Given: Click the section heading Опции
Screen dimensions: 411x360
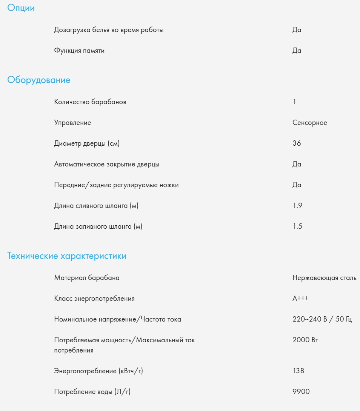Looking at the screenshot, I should coord(21,8).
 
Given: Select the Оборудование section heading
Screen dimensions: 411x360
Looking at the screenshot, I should coord(39,80).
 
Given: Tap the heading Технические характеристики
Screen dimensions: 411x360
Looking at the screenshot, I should coord(67,256).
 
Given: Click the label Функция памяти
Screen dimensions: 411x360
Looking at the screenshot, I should coord(79,51).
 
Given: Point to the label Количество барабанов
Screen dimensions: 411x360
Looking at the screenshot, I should coord(90,102).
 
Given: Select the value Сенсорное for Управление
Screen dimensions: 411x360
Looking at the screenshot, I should coord(309,123).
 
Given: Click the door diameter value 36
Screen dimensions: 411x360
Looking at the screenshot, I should coord(297,143).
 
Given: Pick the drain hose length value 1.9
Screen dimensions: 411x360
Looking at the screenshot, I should coord(297,206).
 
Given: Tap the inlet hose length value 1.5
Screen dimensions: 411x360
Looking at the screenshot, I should coord(297,226).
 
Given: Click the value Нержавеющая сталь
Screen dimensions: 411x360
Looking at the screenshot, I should coord(324,278).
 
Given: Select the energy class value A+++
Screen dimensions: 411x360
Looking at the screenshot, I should coord(300,299).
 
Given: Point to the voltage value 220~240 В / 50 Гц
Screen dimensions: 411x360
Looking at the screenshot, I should coord(322,319).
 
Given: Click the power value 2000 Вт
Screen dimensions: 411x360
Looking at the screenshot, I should coord(305,340).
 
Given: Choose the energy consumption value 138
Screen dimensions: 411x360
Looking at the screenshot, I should coord(298,371).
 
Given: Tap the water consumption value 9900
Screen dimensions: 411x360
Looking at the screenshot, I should coord(301,392).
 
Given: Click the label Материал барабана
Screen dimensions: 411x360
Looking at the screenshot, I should coord(87,278).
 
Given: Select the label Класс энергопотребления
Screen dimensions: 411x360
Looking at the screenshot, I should coord(94,299).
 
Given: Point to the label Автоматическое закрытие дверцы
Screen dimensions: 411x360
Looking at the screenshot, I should coord(107,164).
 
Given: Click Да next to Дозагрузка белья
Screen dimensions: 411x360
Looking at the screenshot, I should coord(297,30).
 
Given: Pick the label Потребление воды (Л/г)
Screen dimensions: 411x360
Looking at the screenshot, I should coord(92,392).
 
